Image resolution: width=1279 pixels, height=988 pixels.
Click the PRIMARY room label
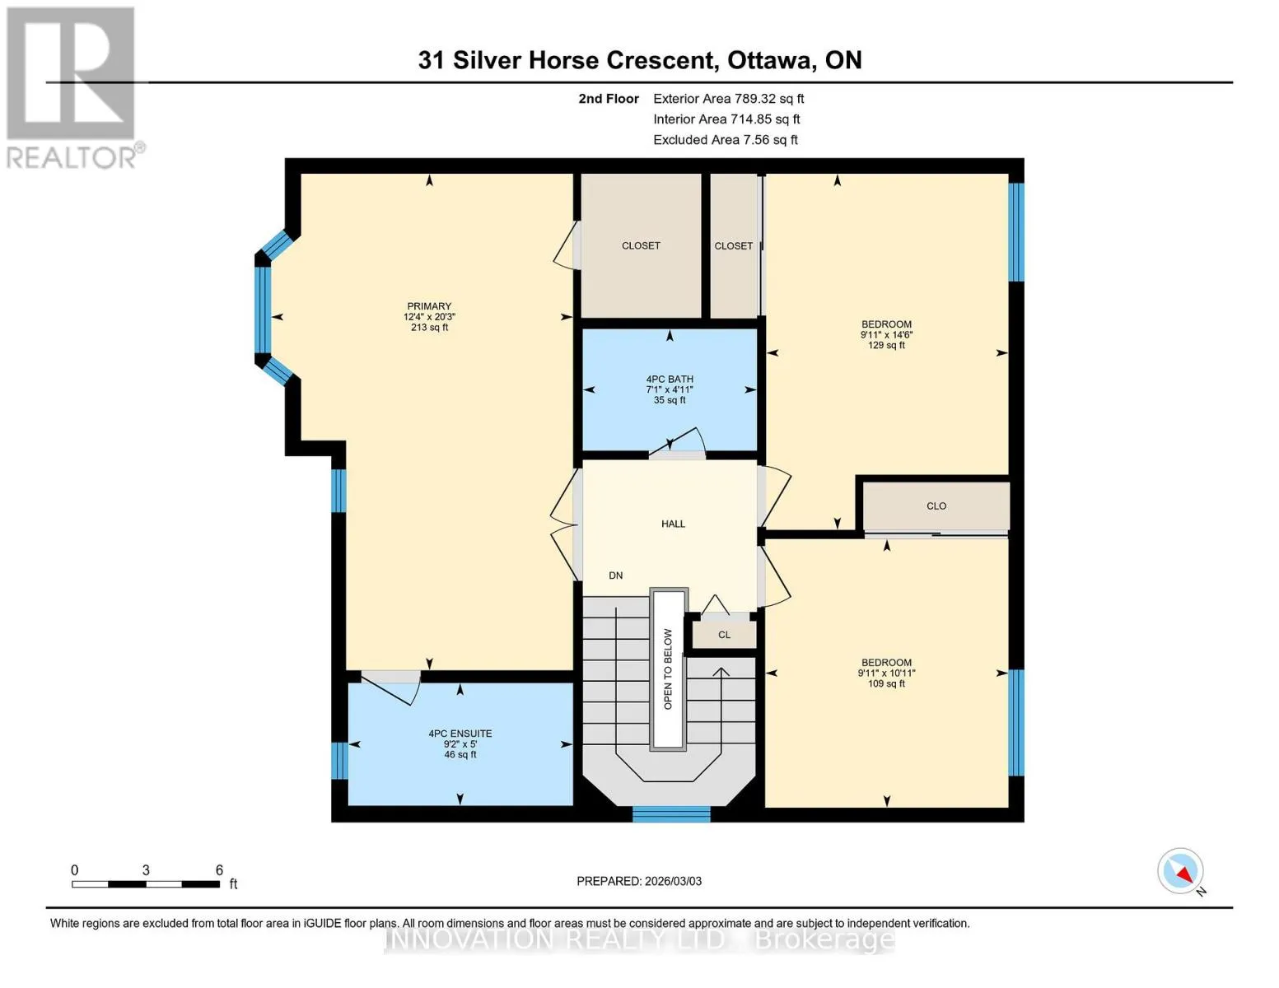pos(429,306)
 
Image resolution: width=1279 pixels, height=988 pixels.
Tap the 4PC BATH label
pos(670,379)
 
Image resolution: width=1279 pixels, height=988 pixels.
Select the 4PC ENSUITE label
pos(460,734)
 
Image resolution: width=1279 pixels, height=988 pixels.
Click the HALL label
pos(673,524)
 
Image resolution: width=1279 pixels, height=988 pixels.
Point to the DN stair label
pos(616,576)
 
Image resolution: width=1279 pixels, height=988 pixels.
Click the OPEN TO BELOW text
pos(668,669)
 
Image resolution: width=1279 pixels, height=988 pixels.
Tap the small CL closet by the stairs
pos(724,634)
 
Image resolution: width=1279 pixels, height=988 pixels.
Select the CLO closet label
pos(936,506)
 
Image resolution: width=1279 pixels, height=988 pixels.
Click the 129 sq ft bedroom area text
pos(886,346)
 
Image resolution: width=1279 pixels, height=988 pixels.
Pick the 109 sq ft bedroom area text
pos(886,683)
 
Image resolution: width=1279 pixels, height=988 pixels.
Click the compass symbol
pos(1180,871)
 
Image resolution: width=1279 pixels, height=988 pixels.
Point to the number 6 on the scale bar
pos(219,869)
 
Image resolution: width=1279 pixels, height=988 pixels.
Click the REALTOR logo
pos(72,88)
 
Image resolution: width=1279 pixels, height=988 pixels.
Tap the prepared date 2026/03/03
pos(674,881)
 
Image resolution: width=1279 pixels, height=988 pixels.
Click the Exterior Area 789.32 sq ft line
pos(729,99)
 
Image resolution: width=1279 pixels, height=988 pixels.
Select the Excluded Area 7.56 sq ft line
pos(726,140)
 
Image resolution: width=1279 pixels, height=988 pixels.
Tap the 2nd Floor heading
pos(609,99)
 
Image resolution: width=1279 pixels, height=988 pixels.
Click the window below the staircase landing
pos(671,814)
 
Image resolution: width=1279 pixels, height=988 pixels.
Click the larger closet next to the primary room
pos(641,245)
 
